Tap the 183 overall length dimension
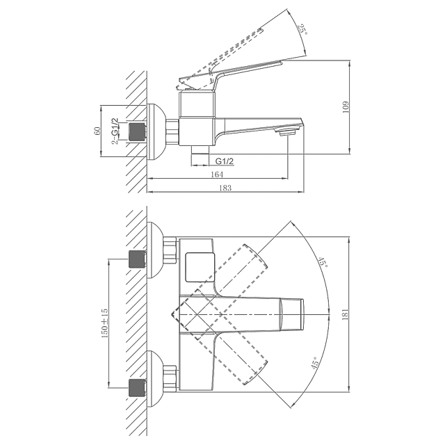[226, 188]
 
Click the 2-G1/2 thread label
[115, 131]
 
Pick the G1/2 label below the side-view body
[223, 162]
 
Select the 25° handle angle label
[301, 30]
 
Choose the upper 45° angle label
[322, 264]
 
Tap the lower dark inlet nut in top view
[138, 385]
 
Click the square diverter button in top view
[200, 267]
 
